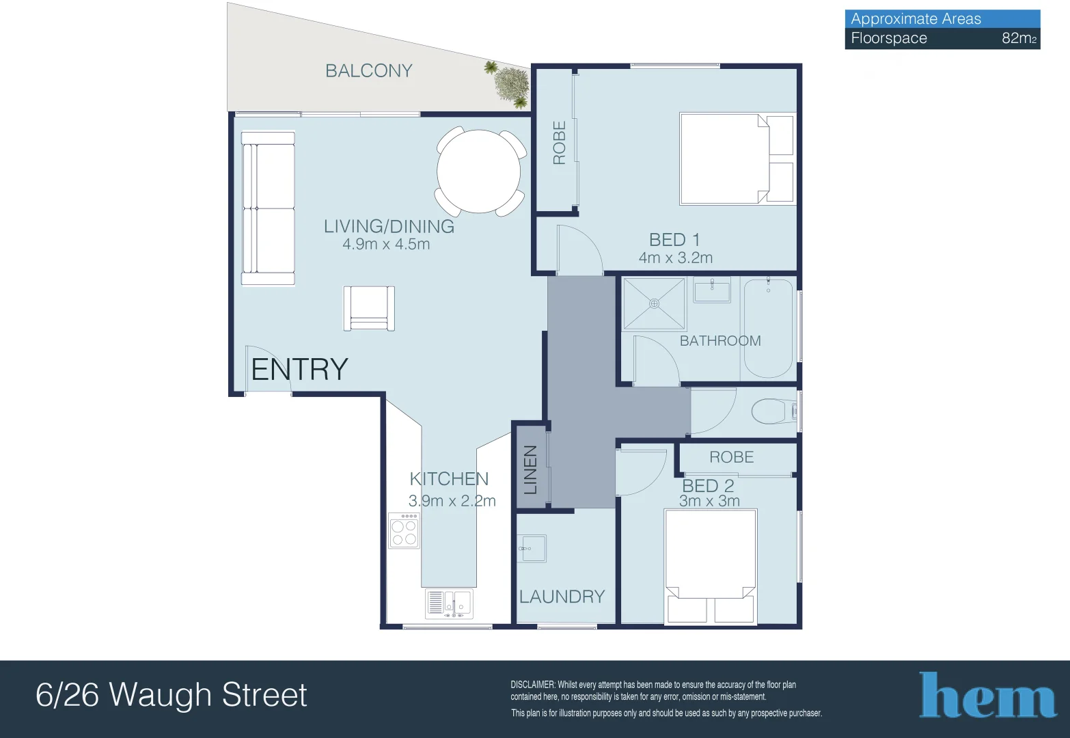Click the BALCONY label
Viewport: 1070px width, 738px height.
click(x=368, y=71)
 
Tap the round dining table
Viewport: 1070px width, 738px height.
click(x=479, y=171)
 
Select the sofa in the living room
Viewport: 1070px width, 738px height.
click(x=268, y=208)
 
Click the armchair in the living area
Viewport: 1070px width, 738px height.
click(x=369, y=308)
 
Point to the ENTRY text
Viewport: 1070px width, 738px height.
click(x=299, y=370)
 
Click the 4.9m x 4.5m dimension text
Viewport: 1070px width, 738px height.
click(x=386, y=245)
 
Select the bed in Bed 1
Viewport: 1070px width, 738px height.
click(x=737, y=159)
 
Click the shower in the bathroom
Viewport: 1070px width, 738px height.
click(x=654, y=303)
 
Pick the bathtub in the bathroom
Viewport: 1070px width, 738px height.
click(x=769, y=328)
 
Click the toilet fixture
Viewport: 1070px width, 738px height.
click(x=773, y=412)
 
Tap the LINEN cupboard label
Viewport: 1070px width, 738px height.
click(x=531, y=469)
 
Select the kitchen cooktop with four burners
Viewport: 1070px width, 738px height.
click(x=404, y=531)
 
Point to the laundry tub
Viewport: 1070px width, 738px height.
click(x=532, y=548)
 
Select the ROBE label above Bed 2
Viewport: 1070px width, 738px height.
click(x=731, y=457)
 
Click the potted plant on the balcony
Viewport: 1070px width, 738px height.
click(x=510, y=85)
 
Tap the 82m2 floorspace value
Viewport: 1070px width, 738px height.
click(x=1018, y=38)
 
